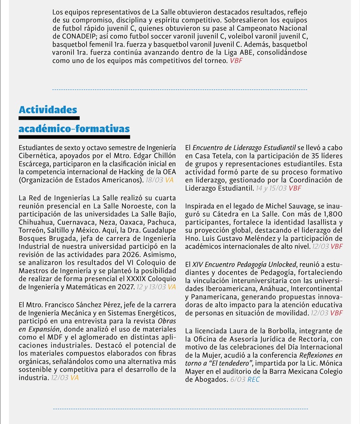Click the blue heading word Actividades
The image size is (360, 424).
[48, 110]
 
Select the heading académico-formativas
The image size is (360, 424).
[74, 129]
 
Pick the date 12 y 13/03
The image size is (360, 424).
[151, 287]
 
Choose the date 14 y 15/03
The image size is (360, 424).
[271, 188]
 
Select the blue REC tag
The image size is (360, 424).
[253, 379]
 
